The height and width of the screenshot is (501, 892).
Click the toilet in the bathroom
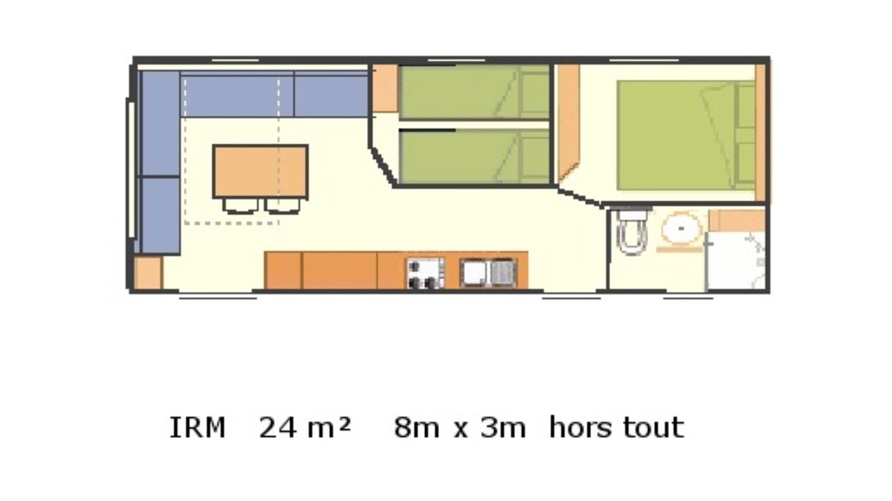click(631, 233)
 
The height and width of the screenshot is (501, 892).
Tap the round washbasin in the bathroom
click(682, 228)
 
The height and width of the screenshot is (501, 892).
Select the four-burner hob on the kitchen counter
click(425, 273)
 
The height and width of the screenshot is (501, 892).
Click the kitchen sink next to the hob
click(489, 272)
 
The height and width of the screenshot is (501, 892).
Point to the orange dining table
click(261, 171)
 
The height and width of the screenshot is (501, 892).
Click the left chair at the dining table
click(240, 205)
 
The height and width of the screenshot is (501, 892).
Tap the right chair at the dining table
click(282, 205)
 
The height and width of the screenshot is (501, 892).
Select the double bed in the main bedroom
click(686, 136)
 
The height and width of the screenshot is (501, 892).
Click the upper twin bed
click(475, 92)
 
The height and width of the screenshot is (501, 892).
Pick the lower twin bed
click(475, 157)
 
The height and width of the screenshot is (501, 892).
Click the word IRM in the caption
click(197, 428)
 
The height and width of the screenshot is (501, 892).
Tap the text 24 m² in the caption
click(305, 428)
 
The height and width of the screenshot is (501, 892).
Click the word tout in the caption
click(654, 427)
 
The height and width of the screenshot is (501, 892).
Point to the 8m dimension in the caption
click(417, 428)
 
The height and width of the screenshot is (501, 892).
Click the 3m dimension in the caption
click(503, 428)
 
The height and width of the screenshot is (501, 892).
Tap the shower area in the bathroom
click(737, 261)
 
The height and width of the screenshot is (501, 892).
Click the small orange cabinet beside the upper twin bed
click(385, 88)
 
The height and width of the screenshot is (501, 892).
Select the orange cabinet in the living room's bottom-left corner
click(148, 273)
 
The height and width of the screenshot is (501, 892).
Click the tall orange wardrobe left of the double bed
click(568, 122)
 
